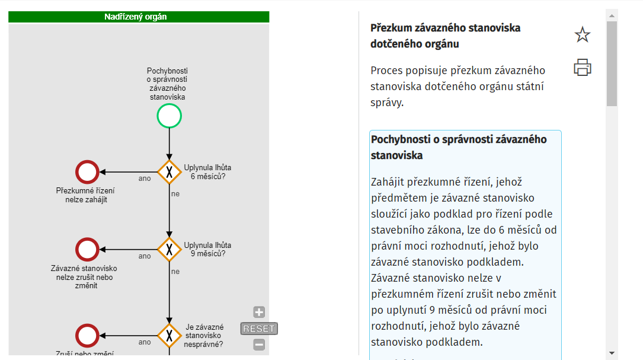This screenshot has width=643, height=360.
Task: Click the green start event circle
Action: pos(169,116)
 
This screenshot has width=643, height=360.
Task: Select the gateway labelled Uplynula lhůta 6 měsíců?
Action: pos(169,172)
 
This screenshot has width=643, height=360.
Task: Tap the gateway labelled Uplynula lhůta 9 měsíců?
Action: pos(169,250)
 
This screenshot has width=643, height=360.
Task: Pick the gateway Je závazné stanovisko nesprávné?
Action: pos(169,336)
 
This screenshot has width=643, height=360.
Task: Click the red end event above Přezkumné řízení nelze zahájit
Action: pos(87,172)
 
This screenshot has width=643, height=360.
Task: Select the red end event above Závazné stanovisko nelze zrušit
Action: pos(87,250)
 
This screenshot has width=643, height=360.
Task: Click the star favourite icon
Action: pos(583,35)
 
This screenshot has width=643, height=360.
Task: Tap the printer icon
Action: pos(583,68)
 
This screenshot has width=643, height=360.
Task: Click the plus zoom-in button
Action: pos(259,312)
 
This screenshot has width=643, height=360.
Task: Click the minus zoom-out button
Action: pos(259,345)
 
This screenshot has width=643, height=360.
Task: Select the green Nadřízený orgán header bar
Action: pos(139,17)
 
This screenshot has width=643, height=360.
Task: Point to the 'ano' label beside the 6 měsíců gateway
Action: pos(145,179)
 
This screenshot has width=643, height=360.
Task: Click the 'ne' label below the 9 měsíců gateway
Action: pos(175,272)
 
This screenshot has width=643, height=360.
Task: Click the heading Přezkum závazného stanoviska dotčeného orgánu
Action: pos(445,36)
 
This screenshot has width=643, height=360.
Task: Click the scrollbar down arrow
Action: pos(612,352)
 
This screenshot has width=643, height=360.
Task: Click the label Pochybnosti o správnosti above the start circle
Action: pos(167,84)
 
